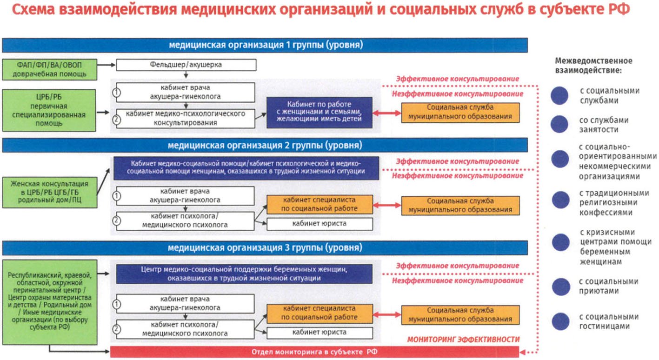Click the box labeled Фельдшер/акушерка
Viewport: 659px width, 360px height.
[186, 65]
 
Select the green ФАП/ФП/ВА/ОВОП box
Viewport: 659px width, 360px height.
[49, 69]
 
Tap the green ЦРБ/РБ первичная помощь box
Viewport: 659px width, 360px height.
[49, 110]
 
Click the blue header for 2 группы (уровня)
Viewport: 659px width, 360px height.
[265, 145]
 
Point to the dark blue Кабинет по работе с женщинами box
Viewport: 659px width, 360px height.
[320, 113]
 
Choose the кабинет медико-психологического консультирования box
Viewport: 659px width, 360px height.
[186, 118]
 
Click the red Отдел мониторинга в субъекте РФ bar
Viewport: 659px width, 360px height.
[314, 352]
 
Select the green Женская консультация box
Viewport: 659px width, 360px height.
[50, 193]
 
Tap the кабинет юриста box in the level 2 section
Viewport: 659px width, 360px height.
[320, 224]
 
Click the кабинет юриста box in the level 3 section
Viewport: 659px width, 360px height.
[320, 333]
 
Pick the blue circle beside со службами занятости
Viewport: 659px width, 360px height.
[559, 124]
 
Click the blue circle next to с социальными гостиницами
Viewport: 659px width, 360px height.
[560, 321]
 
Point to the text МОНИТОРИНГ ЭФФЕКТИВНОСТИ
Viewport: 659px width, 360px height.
[463, 340]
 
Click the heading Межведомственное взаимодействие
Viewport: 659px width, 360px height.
[593, 66]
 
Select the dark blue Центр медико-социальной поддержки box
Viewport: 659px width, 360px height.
[244, 274]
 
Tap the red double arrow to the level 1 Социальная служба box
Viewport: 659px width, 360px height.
[387, 113]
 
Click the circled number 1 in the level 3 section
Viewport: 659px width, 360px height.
[117, 304]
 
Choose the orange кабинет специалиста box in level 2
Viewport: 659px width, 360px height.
[320, 204]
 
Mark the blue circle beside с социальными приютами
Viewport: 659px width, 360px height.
[561, 287]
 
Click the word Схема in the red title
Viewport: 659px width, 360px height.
[33, 9]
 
